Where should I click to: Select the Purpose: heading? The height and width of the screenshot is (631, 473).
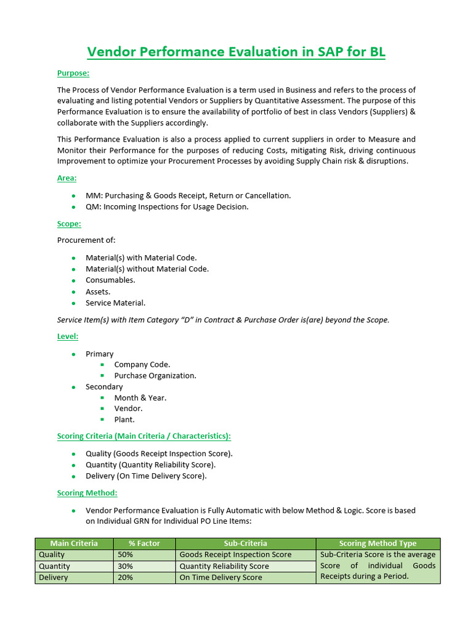coord(73,73)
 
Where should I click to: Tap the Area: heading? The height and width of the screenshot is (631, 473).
coord(67,178)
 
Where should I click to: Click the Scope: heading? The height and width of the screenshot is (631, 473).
coord(69,224)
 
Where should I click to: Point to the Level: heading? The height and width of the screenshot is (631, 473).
coord(68,336)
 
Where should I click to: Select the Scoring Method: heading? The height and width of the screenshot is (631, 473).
coord(87,493)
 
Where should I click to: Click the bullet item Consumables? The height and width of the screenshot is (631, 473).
coord(110,280)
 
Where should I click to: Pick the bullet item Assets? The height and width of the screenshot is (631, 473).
coord(98,291)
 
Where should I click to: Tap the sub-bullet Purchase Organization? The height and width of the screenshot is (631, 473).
coord(155,376)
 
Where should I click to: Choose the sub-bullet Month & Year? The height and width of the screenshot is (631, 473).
coord(140,398)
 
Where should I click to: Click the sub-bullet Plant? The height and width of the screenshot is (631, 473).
coord(124,420)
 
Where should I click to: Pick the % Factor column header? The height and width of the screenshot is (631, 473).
coord(145,543)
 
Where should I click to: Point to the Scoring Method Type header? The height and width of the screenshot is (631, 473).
coord(378,543)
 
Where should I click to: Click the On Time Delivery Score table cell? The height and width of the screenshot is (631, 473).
coord(220,578)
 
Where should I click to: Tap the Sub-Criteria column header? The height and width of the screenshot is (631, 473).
coord(245,543)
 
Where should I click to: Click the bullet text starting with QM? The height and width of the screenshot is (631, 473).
coord(167,207)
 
